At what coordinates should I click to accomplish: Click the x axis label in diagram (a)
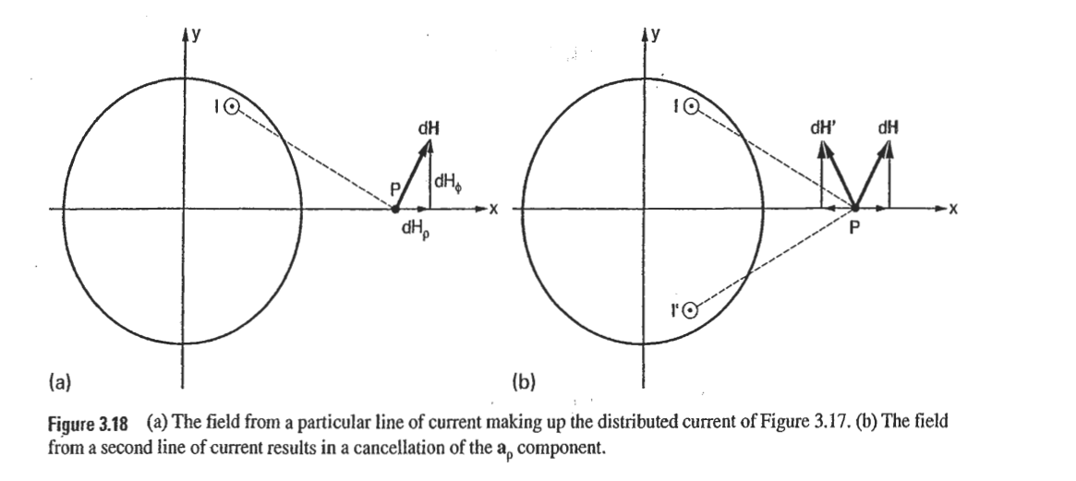click(x=493, y=210)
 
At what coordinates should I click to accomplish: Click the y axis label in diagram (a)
click(x=197, y=34)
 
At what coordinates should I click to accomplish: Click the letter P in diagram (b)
click(x=854, y=231)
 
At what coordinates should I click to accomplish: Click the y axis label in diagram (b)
click(x=655, y=34)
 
